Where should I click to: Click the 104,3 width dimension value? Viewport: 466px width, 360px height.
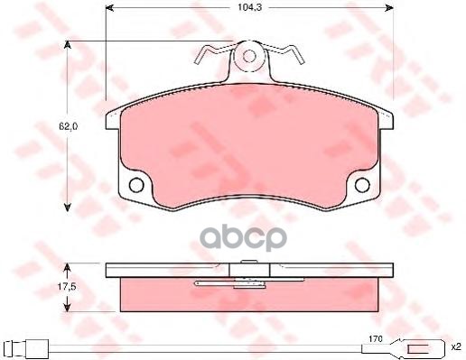pos(246,7)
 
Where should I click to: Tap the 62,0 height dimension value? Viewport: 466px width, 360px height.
pos(69,126)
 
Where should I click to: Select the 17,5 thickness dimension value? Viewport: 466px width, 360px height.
pos(67,287)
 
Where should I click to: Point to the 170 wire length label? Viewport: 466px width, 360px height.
pos(376,338)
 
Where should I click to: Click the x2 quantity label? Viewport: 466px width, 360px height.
pos(456,347)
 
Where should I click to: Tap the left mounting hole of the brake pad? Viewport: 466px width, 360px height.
pos(136,185)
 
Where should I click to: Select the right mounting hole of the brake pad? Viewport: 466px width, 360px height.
pos(362,185)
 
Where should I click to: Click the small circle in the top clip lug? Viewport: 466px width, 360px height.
pos(249,56)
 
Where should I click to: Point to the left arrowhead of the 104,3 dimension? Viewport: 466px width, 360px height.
pos(110,8)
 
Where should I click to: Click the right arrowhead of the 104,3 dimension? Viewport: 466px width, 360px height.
pos(389,8)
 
